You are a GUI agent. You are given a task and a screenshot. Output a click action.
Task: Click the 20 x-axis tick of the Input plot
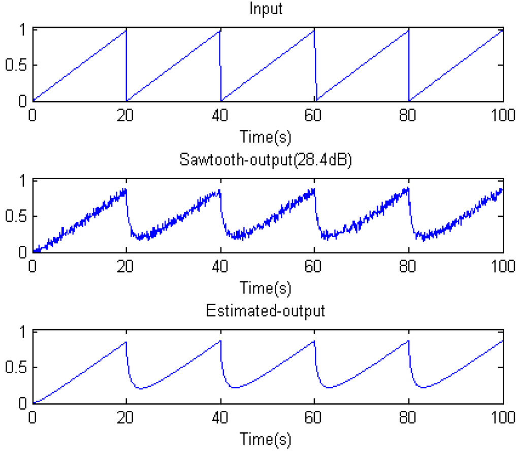(126, 115)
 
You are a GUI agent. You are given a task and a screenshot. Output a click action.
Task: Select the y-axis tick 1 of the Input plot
(21, 29)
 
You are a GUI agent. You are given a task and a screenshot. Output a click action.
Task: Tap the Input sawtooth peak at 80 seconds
(408, 30)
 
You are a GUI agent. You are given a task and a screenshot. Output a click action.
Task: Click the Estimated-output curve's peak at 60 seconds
(314, 341)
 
